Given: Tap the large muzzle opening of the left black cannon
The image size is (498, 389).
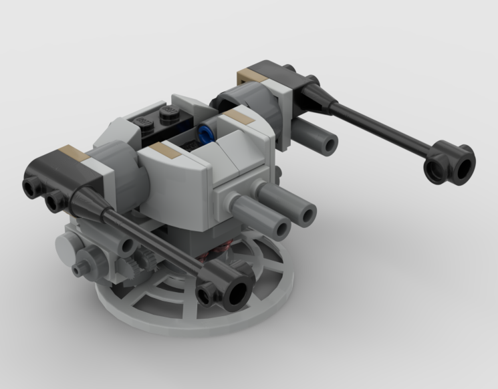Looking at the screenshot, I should (x=238, y=292).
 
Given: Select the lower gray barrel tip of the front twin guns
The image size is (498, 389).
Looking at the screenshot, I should (x=279, y=229).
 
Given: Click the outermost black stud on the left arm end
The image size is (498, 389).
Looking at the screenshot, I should (x=31, y=185).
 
